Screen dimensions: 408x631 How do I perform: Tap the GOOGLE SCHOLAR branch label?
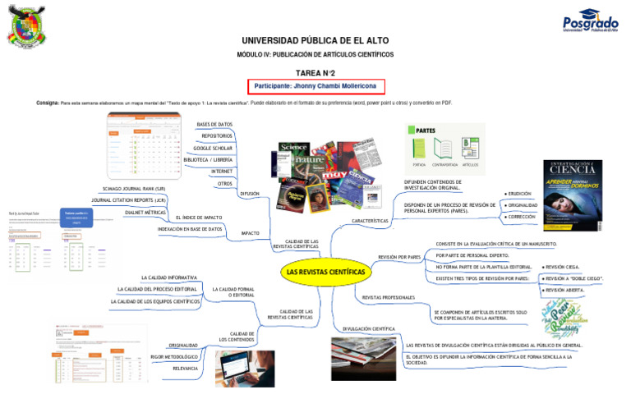[213, 148]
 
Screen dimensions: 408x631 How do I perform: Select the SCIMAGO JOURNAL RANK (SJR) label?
[134, 189]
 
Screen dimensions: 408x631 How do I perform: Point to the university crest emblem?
[30, 27]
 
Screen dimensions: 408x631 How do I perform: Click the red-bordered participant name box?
[316, 85]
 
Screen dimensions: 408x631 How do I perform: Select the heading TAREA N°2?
[315, 72]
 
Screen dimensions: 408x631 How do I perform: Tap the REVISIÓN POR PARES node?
[399, 257]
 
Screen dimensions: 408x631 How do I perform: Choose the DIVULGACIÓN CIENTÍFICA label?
[369, 328]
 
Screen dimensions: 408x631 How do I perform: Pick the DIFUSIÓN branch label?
[250, 194]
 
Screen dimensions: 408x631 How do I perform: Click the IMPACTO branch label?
[250, 234]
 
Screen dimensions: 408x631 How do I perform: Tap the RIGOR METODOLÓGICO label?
[175, 357]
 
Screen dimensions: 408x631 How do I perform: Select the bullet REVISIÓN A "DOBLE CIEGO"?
[573, 279]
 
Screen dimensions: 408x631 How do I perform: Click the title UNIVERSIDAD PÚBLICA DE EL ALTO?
[315, 40]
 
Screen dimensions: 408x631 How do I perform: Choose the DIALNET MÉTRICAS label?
[145, 212]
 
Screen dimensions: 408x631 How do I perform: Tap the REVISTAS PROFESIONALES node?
[388, 297]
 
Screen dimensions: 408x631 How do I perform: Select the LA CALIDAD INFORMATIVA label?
[169, 277]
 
